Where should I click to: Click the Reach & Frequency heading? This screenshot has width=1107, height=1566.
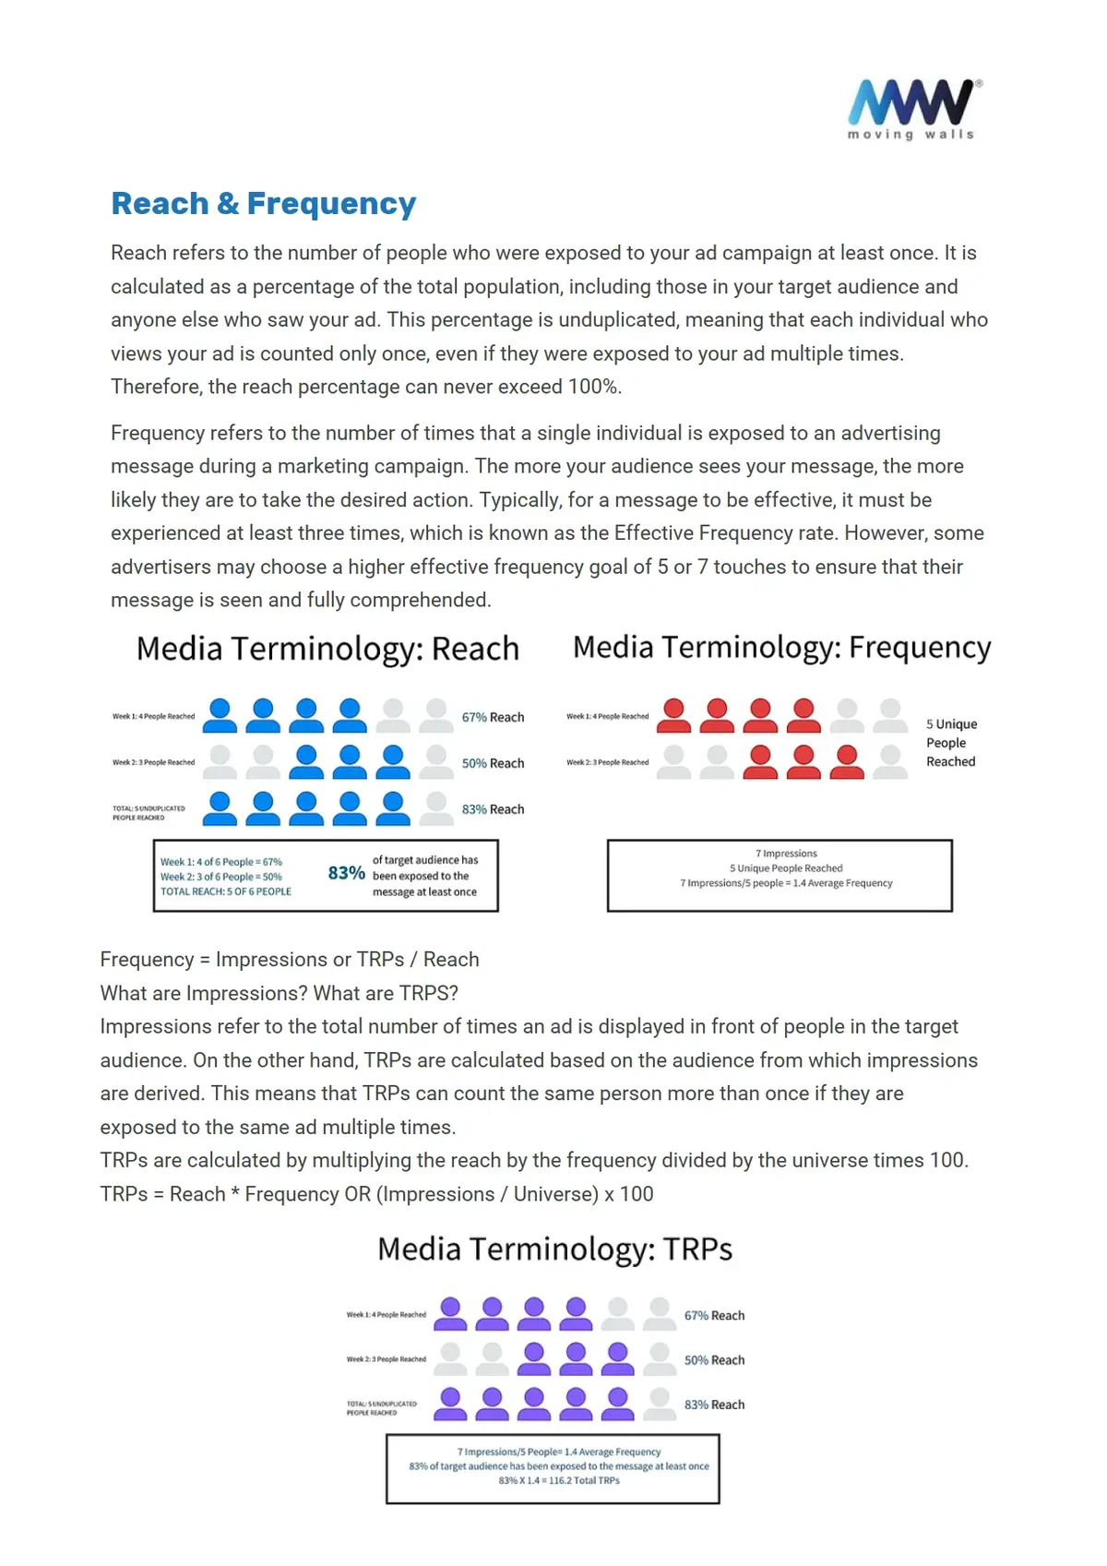(x=263, y=203)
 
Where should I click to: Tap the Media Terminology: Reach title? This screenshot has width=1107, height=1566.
(x=327, y=649)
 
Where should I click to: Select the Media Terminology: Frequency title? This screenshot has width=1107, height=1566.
(x=781, y=647)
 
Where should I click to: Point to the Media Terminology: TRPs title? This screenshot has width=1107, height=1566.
(x=554, y=1249)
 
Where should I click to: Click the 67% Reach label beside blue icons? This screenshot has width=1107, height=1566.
(x=493, y=717)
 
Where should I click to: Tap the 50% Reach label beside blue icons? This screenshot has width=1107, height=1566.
(x=493, y=763)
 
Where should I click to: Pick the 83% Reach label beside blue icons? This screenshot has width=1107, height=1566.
(x=493, y=809)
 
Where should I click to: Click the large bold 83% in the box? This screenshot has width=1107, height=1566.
(x=346, y=873)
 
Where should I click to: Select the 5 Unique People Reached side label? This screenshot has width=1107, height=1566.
(x=951, y=743)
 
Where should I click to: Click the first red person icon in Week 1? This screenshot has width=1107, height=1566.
(x=674, y=715)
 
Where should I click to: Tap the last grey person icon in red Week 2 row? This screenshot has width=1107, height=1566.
(x=890, y=761)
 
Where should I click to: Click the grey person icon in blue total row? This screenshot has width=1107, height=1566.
(x=436, y=807)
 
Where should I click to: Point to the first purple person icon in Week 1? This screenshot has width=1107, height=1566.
(x=450, y=1313)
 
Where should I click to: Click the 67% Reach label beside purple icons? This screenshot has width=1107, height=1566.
(x=714, y=1316)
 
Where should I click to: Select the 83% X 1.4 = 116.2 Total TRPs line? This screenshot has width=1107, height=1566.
(x=559, y=1480)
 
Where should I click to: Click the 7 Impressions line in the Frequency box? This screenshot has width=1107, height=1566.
(x=786, y=854)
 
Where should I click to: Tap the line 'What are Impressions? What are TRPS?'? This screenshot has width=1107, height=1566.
(x=279, y=993)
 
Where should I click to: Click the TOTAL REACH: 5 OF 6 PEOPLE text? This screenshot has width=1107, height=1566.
(x=226, y=891)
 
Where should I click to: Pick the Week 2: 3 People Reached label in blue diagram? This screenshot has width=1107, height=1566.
(x=153, y=762)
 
